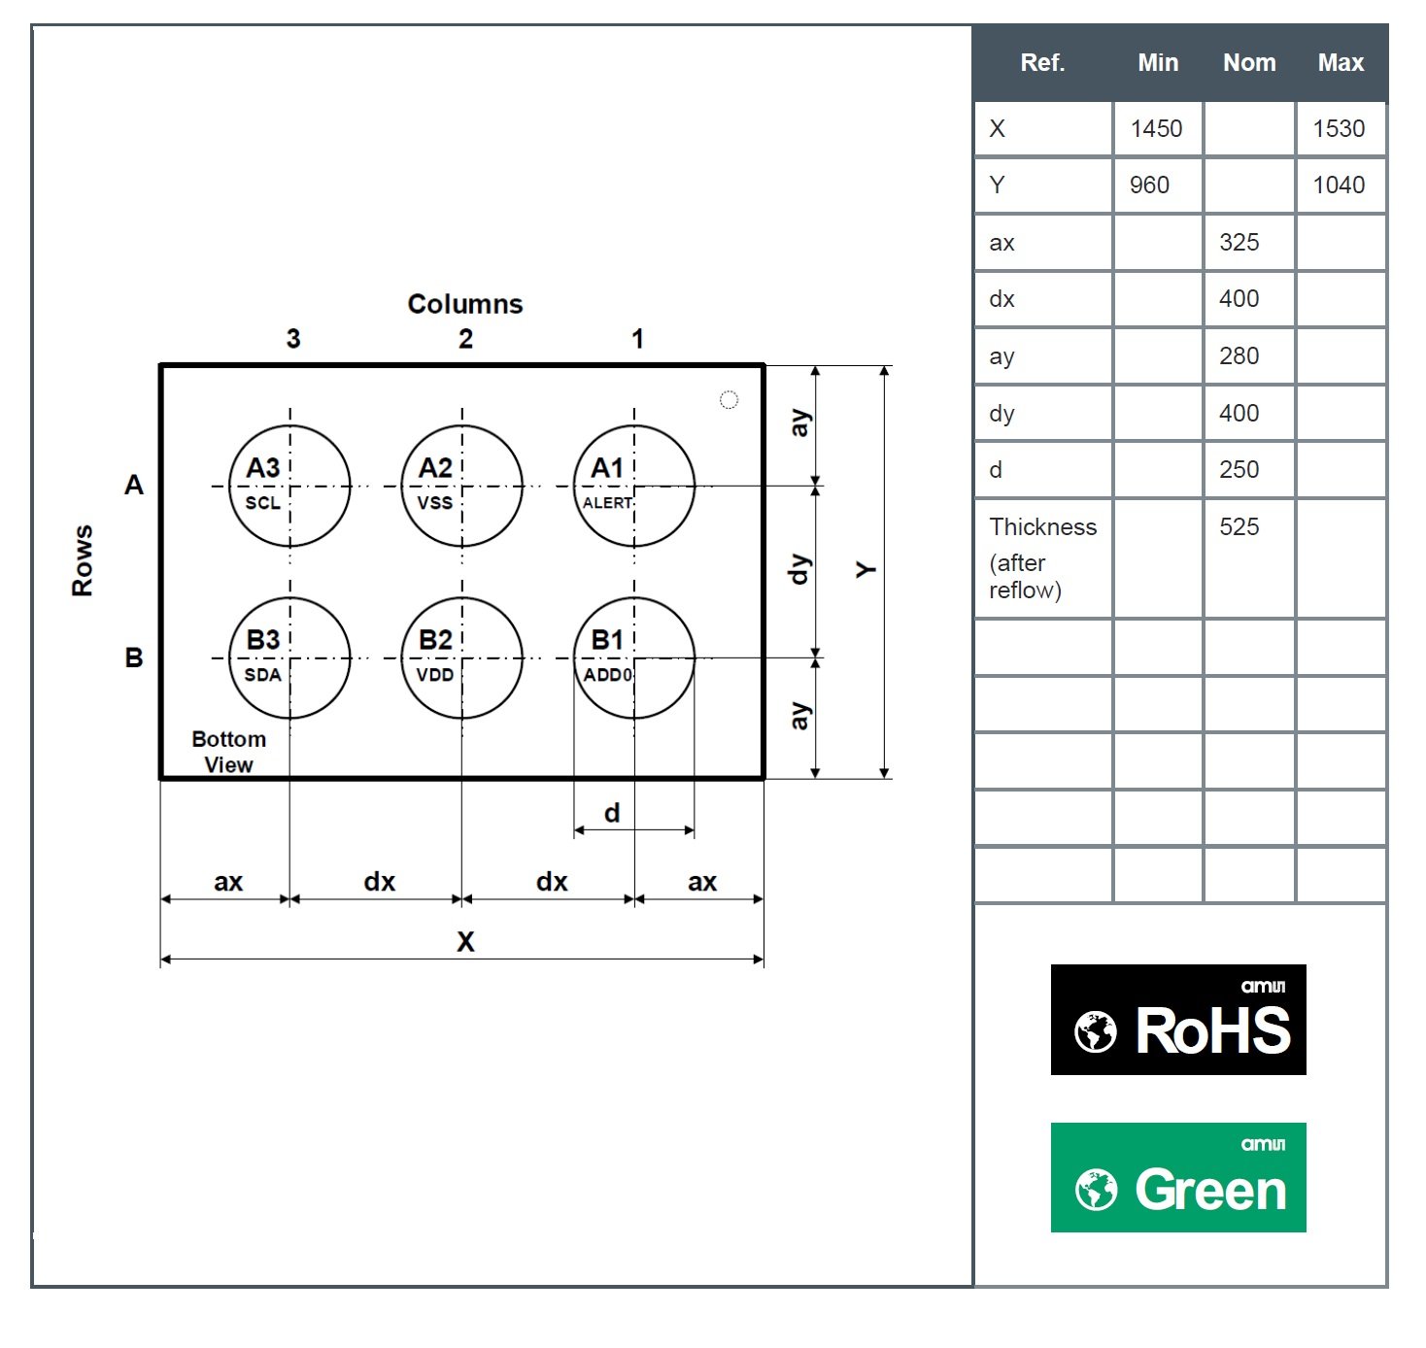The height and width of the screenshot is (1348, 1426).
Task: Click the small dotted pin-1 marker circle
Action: (729, 399)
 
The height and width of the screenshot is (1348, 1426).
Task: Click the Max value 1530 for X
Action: (1339, 128)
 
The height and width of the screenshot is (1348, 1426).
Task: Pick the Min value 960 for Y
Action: (1149, 185)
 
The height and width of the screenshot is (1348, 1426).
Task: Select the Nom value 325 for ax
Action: (1239, 242)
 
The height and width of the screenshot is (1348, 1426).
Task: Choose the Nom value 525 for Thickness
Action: (1239, 526)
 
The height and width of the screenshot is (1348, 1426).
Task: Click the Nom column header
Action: (1249, 62)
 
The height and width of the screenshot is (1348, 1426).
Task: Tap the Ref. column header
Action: (1042, 62)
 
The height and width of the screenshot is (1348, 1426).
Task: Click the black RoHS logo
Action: (1178, 1019)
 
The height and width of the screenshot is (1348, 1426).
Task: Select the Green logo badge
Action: (1178, 1177)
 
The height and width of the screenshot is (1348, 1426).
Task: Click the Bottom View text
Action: (228, 752)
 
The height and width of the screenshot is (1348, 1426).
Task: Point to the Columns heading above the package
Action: (465, 304)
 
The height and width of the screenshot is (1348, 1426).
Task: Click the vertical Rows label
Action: (82, 560)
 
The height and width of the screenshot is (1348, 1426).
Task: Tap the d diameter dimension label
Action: (612, 813)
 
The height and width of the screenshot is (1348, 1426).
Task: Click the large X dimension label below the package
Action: (465, 941)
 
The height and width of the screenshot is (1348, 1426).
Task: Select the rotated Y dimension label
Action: (866, 570)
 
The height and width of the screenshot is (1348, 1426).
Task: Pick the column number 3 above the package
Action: (293, 339)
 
